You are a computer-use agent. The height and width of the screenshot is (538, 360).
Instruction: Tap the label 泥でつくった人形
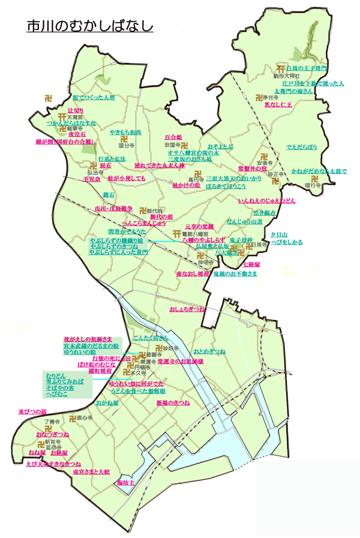(93, 97)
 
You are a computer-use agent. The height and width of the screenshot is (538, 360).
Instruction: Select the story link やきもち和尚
(125, 131)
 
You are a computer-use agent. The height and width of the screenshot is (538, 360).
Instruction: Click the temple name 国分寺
(125, 145)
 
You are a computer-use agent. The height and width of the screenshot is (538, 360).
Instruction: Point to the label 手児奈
(91, 179)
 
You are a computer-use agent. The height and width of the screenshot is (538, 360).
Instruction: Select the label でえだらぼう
(301, 146)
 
